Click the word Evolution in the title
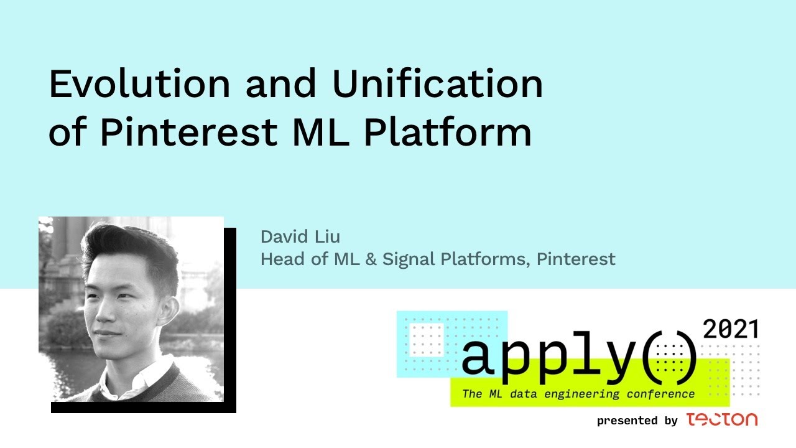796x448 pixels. (x=140, y=83)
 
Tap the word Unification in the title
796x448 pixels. (x=437, y=83)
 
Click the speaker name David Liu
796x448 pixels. (x=300, y=237)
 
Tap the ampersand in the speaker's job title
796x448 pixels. (x=371, y=259)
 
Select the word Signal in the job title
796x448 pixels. (x=409, y=259)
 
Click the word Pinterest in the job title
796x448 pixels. (x=576, y=259)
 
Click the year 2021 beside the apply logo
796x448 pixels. (x=731, y=329)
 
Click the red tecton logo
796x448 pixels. (x=722, y=419)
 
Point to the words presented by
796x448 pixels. (x=637, y=421)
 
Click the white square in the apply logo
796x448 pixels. (x=427, y=340)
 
